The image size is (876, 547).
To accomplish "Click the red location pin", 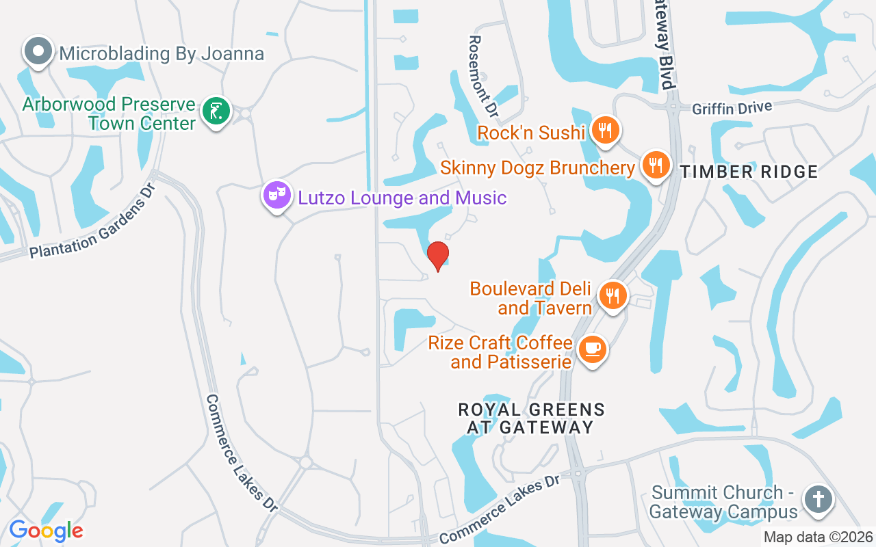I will tap(438, 256).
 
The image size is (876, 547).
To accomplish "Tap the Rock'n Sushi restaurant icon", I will tap(605, 129).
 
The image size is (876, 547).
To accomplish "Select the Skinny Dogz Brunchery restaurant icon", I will tap(656, 164).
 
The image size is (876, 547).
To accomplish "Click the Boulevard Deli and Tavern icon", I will tap(613, 296).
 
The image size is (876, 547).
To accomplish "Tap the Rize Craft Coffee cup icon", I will tap(592, 349).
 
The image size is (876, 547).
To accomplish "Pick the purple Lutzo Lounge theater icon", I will tap(277, 196).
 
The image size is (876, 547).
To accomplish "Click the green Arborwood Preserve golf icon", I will tap(216, 111).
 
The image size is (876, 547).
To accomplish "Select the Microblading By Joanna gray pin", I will tap(38, 51).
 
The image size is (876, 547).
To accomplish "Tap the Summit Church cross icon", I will tap(817, 499).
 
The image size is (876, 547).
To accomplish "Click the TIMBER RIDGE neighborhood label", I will tap(749, 172).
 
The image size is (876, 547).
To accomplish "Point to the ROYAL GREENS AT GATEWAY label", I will tap(531, 418).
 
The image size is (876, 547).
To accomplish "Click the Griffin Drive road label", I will tap(732, 108).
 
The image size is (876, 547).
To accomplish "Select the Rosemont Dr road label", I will tap(482, 76).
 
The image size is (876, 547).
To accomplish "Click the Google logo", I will tap(46, 531).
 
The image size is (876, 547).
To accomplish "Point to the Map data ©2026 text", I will tap(818, 537).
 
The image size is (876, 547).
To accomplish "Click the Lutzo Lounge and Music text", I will tap(402, 198).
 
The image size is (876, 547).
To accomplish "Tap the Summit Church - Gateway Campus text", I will tap(724, 502).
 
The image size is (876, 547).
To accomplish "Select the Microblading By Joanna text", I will tap(162, 53).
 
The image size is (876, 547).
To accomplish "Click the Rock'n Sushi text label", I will tap(531, 132).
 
